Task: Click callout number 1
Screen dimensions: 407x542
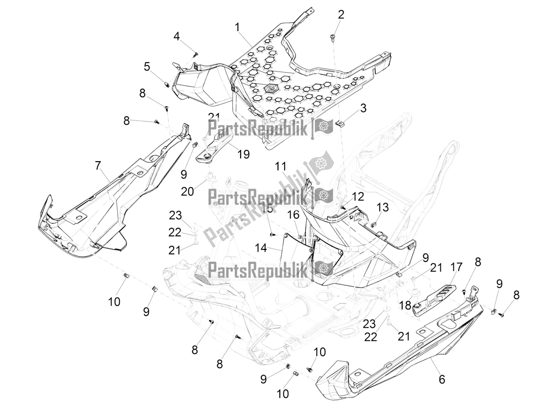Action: pos(237,27)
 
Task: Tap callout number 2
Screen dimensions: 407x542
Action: pos(341,15)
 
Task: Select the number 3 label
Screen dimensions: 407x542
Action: pos(363,108)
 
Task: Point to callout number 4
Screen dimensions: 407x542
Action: pos(177,36)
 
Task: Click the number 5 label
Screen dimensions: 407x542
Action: pos(147,67)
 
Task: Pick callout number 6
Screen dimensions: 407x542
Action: pos(442,380)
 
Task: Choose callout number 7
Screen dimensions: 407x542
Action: pos(98,166)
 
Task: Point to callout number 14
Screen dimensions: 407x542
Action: pos(260,248)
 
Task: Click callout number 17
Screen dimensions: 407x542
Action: pos(456,267)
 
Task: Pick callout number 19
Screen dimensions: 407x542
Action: pos(243,154)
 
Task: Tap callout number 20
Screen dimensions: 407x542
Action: pos(188,191)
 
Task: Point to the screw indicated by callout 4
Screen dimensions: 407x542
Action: pos(196,54)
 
